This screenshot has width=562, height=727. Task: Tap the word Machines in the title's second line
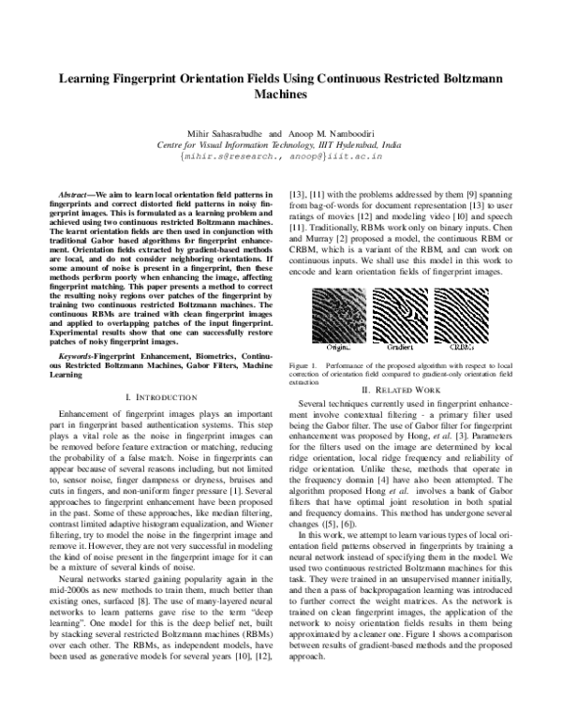click(280, 96)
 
